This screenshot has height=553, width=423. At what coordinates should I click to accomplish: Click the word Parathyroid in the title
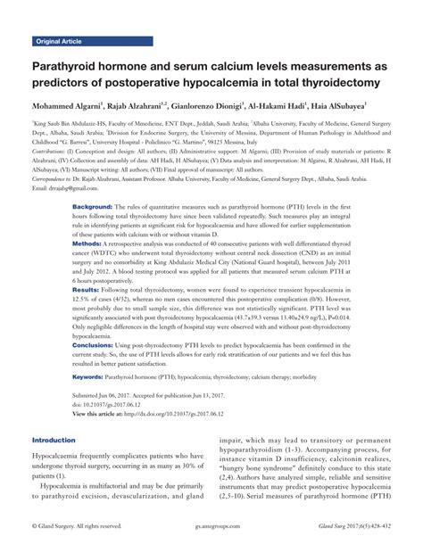point(71,66)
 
